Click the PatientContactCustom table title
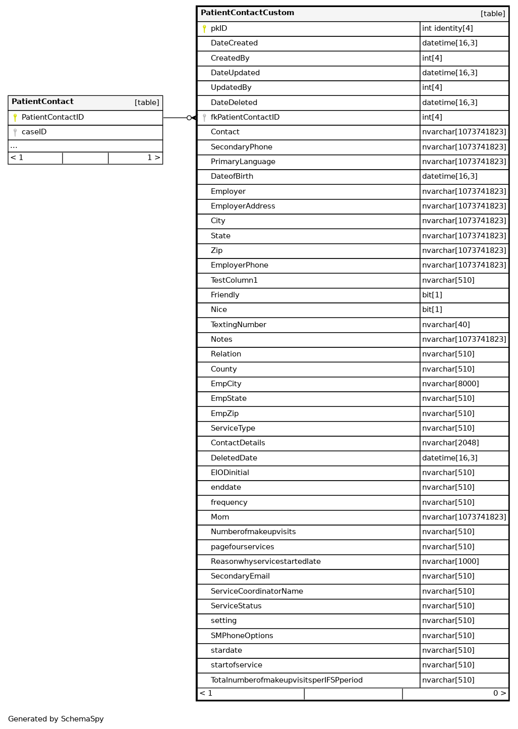247,13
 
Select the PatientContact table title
42,102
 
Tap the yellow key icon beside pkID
204,29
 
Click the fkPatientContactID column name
245,118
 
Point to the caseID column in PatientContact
34,132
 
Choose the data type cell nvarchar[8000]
450,384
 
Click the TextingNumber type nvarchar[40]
446,325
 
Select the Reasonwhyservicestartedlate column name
265,562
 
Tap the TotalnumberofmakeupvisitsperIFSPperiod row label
286,681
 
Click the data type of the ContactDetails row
450,443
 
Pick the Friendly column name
225,295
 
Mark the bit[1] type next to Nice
432,310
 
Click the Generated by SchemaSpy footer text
56,719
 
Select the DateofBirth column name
232,177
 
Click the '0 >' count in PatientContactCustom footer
499,694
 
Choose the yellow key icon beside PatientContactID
15,118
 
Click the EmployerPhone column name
240,266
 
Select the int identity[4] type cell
447,29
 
